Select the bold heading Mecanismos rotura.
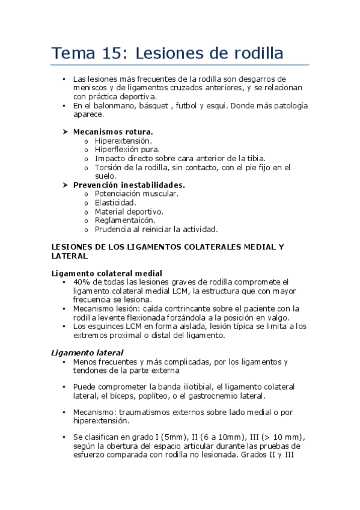click(x=112, y=131)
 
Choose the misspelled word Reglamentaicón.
click(x=125, y=220)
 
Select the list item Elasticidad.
click(x=115, y=203)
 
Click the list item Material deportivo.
click(x=129, y=211)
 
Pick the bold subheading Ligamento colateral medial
click(x=107, y=273)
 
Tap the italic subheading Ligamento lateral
click(x=87, y=352)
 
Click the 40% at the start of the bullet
click(x=81, y=281)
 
